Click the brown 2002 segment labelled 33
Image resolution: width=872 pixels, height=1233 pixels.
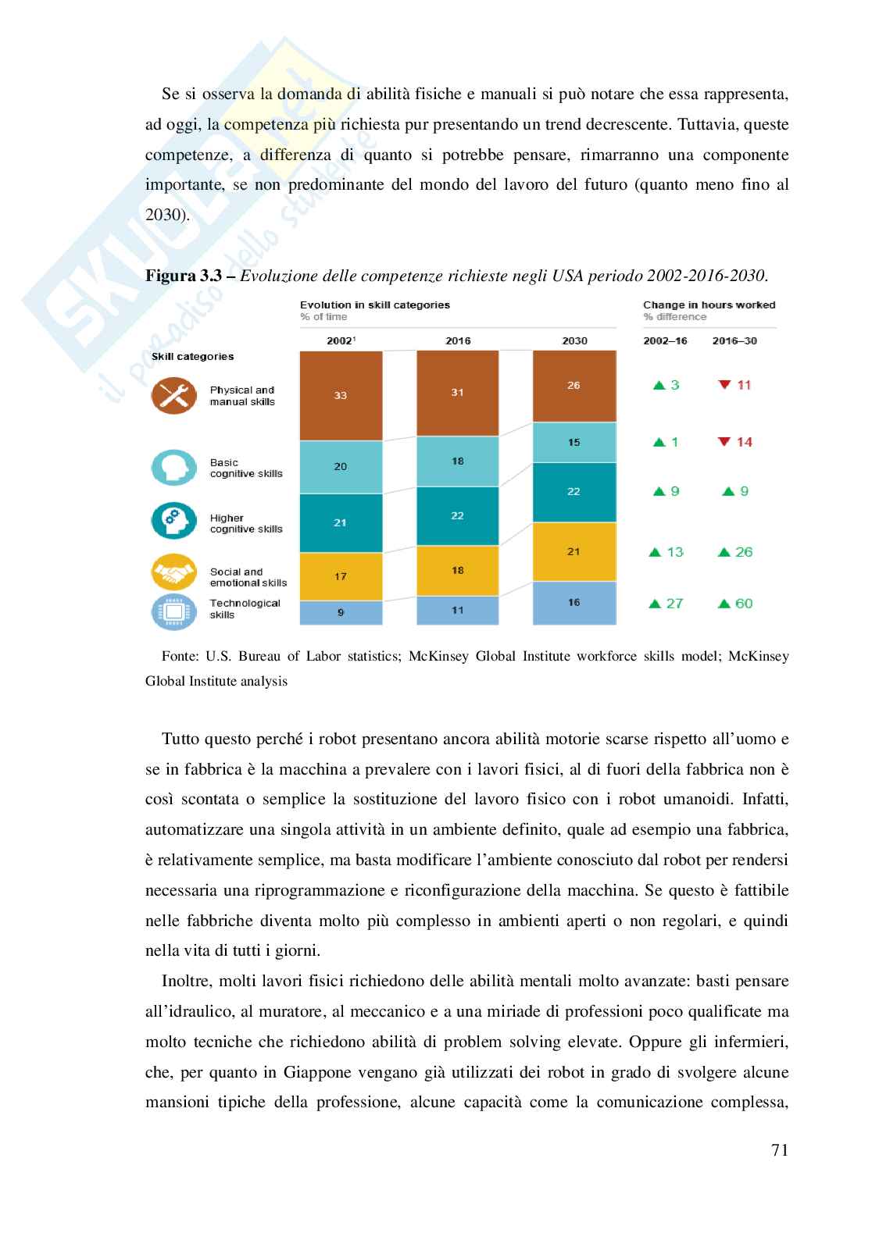[341, 395]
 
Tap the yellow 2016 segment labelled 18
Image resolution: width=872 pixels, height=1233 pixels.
[457, 571]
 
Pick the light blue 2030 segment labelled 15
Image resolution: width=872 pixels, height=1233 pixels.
[574, 443]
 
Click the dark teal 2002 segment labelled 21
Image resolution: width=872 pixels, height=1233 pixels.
[341, 522]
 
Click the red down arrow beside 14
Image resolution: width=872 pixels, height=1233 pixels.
[724, 442]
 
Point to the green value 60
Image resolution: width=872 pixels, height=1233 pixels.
[744, 604]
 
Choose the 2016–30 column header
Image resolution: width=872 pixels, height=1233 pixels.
[734, 341]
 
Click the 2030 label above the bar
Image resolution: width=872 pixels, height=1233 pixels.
[574, 341]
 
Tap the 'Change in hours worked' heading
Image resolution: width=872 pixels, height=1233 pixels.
[709, 305]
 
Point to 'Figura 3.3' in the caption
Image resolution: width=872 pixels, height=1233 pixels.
[186, 276]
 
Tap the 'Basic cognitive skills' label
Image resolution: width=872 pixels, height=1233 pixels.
[245, 469]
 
